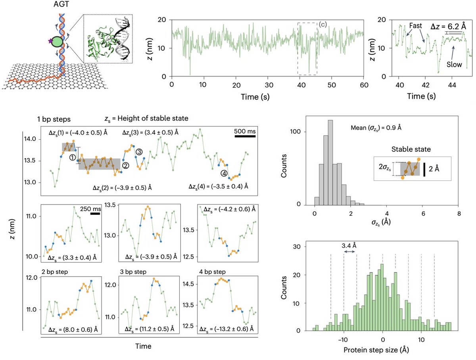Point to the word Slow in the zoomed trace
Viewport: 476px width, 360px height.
[454, 64]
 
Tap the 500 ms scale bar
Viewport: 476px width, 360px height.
[244, 136]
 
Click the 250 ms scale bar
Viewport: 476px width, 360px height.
[95, 214]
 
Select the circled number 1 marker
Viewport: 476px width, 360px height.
[73, 157]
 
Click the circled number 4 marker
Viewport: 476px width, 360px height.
[224, 173]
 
